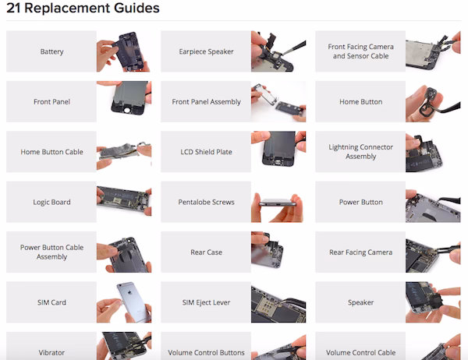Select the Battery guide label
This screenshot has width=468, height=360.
pyautogui.click(x=51, y=51)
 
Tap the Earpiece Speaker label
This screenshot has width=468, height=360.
pyautogui.click(x=206, y=51)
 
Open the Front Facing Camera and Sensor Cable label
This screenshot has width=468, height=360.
pyautogui.click(x=360, y=51)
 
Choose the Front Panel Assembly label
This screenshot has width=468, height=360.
pyautogui.click(x=206, y=101)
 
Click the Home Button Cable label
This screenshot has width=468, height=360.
pyautogui.click(x=51, y=152)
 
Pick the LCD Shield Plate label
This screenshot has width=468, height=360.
pyautogui.click(x=206, y=152)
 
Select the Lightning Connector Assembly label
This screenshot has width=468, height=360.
pyautogui.click(x=360, y=152)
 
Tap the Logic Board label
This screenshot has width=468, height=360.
pyautogui.click(x=51, y=202)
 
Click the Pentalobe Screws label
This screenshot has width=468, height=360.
pyautogui.click(x=206, y=202)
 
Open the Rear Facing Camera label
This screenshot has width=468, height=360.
pyautogui.click(x=360, y=252)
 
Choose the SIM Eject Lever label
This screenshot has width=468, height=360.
pyautogui.click(x=206, y=302)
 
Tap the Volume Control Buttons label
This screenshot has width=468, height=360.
pyautogui.click(x=206, y=351)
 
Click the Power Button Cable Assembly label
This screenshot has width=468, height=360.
pyautogui.click(x=51, y=252)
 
